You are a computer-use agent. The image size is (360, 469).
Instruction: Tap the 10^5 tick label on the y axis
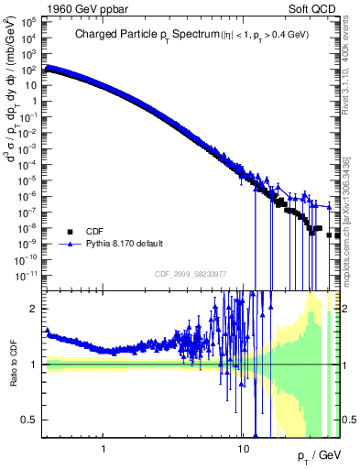[29, 27]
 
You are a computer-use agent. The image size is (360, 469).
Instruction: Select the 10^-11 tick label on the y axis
[27, 273]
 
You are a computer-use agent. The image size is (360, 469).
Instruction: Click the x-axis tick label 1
[104, 449]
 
